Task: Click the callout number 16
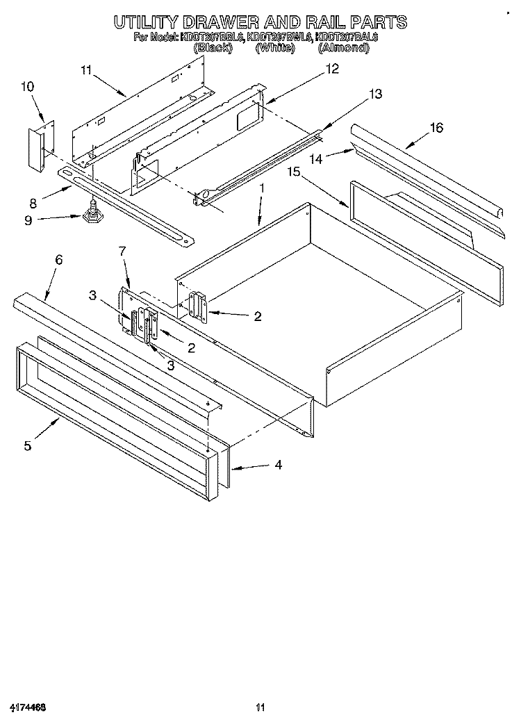(x=436, y=128)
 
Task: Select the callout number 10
(x=27, y=87)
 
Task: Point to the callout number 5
(x=28, y=445)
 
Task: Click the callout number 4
(x=278, y=465)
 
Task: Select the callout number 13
(x=375, y=94)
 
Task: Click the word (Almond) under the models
(x=343, y=48)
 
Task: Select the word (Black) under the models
(x=217, y=48)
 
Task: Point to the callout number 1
(x=262, y=188)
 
